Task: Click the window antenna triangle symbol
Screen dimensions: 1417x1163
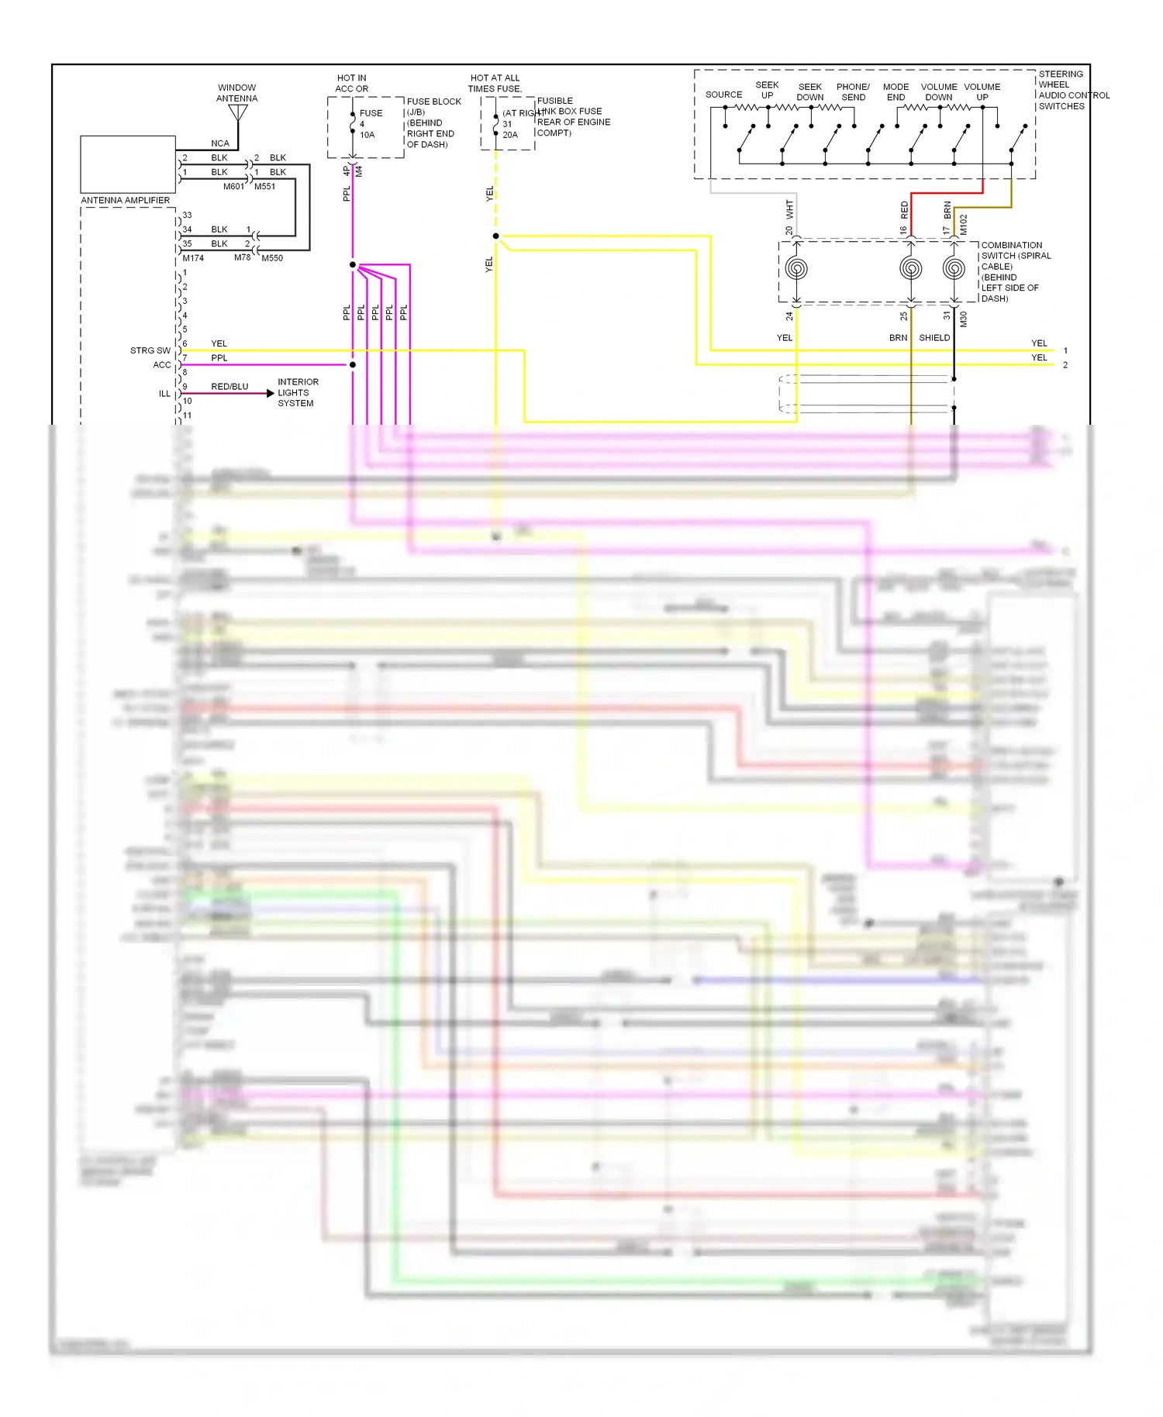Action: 238,113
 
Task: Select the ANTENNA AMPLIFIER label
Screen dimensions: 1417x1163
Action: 125,200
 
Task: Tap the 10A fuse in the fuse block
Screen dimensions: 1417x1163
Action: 354,124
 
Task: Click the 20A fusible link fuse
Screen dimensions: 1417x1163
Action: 496,124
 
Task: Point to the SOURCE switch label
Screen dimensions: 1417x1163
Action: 723,95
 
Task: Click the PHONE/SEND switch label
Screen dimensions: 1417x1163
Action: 853,91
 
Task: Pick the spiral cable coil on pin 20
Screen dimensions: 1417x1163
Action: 796,269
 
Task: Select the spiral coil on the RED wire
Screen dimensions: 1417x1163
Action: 911,269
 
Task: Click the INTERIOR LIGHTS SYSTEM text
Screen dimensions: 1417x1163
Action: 298,392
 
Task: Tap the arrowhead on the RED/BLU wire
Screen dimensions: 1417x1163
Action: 270,394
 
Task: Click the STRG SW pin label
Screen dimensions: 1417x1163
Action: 150,350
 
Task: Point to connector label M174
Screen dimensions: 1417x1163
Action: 193,258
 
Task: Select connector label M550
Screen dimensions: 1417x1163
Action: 272,258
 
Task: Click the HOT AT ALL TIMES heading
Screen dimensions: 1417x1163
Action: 495,83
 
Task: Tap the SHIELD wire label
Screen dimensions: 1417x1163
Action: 934,338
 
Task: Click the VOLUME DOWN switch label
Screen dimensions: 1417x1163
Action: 938,91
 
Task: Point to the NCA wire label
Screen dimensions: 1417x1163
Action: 220,143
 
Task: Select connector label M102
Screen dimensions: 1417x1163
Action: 964,225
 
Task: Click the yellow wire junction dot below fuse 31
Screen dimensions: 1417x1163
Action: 495,236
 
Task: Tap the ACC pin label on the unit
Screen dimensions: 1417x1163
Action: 161,365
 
